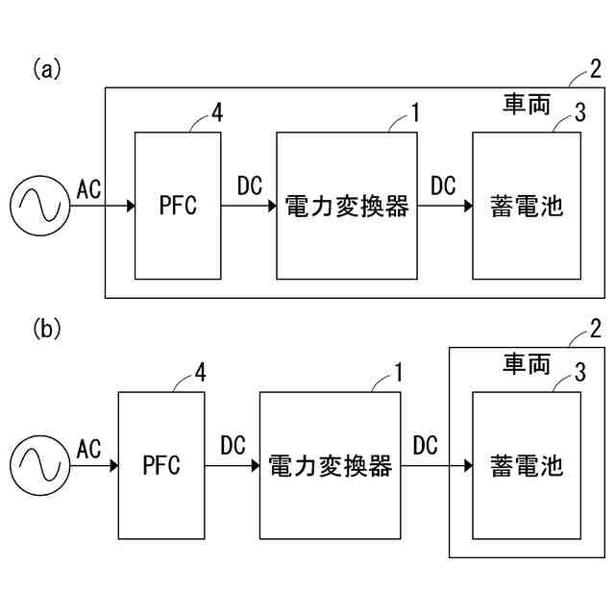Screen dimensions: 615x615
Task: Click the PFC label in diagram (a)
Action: (178, 205)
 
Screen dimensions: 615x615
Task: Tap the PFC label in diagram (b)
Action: (161, 465)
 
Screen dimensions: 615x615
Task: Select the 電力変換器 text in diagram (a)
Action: (347, 206)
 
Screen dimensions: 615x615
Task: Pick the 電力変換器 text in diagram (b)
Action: (331, 465)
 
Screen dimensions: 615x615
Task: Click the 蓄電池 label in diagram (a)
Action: (527, 206)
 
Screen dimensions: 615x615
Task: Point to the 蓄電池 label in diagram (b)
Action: (527, 465)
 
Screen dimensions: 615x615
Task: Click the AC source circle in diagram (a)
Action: (40, 176)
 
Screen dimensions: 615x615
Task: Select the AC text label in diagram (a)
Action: (88, 189)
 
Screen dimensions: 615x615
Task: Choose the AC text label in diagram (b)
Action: (88, 449)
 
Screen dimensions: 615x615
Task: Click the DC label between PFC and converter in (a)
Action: (250, 185)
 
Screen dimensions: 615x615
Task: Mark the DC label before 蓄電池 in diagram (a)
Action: (443, 185)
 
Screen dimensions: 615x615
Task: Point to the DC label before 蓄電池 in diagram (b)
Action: (425, 445)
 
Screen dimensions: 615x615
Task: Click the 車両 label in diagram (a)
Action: (527, 104)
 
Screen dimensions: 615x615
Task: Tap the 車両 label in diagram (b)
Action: (527, 363)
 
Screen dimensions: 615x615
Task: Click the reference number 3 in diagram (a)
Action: (580, 112)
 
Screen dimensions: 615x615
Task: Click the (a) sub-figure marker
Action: (47, 69)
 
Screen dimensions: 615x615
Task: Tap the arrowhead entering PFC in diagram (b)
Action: (114, 465)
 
